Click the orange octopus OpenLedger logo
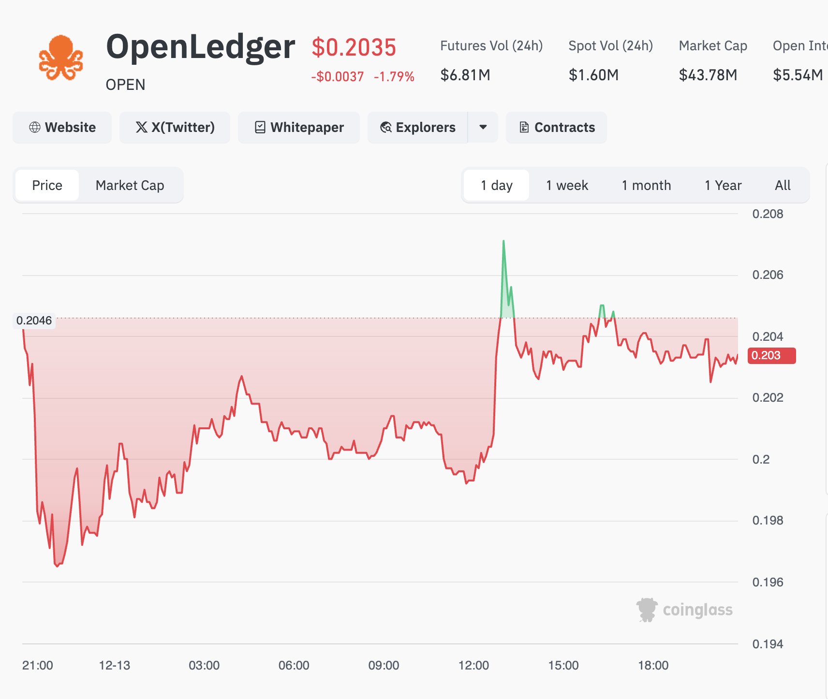(61, 58)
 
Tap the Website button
(62, 128)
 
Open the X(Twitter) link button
(175, 128)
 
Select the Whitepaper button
(299, 128)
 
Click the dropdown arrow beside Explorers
(483, 128)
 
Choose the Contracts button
(556, 128)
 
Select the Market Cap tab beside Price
(130, 185)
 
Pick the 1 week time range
(567, 185)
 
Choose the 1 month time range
(646, 185)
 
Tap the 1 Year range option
(723, 185)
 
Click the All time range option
(782, 185)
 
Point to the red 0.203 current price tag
(771, 356)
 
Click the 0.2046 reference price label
(34, 320)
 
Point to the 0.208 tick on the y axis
(768, 214)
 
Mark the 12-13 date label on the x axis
(115, 665)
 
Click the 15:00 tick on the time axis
(563, 665)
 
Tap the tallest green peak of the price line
(503, 241)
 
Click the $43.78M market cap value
(708, 75)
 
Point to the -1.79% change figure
(394, 77)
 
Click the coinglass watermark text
(697, 610)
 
